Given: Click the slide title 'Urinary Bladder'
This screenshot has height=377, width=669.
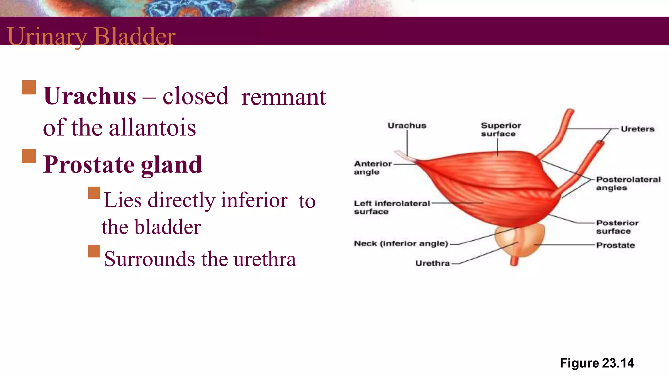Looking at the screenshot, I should click(91, 36).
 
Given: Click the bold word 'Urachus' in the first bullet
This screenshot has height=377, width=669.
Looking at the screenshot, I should click(90, 96).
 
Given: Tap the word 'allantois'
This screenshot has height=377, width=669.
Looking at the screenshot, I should click(152, 128).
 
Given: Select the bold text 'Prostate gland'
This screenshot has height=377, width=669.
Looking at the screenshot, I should click(123, 165).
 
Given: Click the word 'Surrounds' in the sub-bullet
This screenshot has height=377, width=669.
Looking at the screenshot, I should click(150, 259).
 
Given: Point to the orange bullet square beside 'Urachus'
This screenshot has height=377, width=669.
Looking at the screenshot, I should click(29, 87).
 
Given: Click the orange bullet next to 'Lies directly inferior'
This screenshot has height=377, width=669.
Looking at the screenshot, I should click(94, 193).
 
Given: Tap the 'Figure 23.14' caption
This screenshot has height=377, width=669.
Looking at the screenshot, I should click(597, 363).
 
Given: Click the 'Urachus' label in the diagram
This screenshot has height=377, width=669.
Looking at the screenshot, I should click(407, 126).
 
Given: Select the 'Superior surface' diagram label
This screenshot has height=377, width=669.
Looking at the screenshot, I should click(500, 130).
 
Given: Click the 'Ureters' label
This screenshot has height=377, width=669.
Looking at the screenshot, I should click(637, 129).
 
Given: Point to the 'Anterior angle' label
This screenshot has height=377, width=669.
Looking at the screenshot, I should click(372, 168).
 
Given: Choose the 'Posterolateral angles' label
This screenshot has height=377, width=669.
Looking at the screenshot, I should click(628, 184).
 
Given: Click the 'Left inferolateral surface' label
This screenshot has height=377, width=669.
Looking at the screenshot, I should click(391, 207).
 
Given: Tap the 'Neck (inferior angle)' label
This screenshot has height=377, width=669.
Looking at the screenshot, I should click(401, 243).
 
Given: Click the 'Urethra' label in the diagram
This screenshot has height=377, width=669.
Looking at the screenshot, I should click(432, 263).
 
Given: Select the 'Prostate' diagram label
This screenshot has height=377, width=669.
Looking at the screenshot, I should click(615, 245).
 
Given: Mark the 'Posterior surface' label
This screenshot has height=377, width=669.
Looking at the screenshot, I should click(617, 227).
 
